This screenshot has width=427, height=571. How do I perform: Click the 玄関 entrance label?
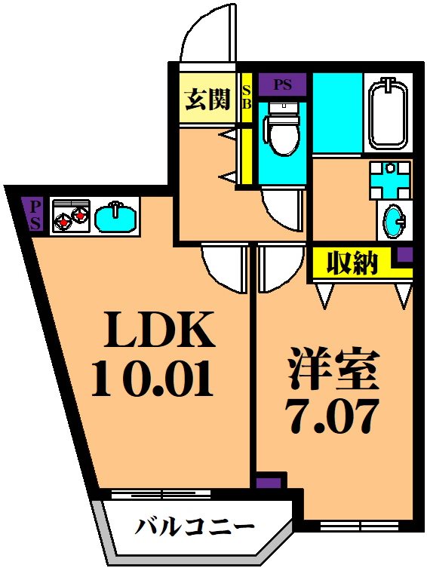[x=207, y=99]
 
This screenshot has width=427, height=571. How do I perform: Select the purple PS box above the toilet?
[x=282, y=84]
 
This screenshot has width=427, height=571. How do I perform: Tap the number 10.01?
[x=153, y=379]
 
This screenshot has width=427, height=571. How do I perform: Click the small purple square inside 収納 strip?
[x=405, y=254]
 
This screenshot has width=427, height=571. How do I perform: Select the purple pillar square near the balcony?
[x=269, y=482]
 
